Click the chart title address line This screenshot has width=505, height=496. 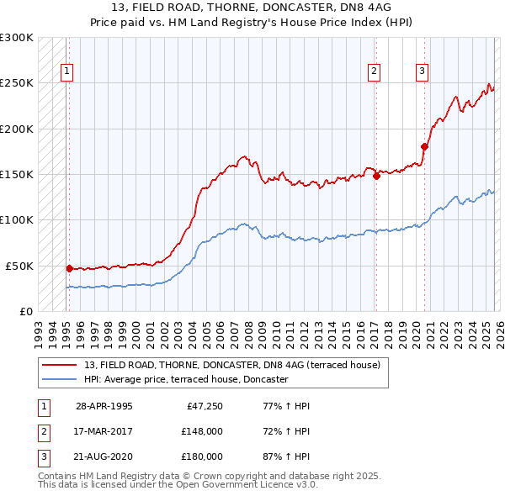click(252, 8)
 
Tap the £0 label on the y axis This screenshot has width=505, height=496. click(25, 311)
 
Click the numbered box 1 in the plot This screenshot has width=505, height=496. click(66, 72)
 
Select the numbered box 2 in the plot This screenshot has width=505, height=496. click(373, 72)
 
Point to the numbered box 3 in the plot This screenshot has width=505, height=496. click(422, 72)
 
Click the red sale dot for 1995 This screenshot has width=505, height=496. click(69, 268)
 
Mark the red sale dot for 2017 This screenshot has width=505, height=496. click(376, 177)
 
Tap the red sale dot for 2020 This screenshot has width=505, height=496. click(424, 147)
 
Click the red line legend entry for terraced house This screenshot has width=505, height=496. click(232, 365)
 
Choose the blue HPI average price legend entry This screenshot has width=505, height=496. click(186, 379)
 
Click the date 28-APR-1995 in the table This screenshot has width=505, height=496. click(104, 406)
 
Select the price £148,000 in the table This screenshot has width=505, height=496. click(202, 431)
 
